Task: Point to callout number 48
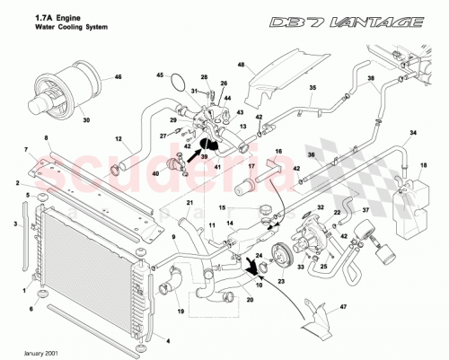pos(242,66)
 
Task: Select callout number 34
pos(413,134)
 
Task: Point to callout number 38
pos(369,78)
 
